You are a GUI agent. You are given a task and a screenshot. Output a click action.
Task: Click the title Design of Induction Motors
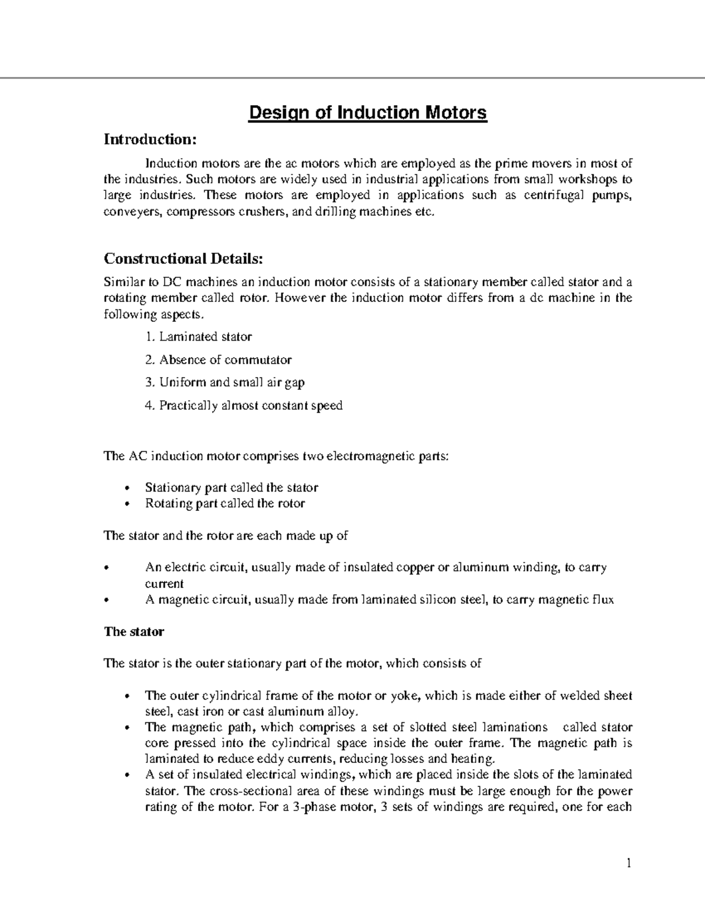(x=368, y=112)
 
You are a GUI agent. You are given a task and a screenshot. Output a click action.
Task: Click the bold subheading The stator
(x=133, y=632)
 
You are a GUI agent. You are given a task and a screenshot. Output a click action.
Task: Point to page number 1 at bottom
(x=628, y=863)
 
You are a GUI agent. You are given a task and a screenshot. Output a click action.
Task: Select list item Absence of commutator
(x=225, y=360)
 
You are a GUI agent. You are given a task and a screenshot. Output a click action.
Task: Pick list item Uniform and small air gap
(x=231, y=383)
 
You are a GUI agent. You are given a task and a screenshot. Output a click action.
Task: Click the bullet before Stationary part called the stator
(x=129, y=489)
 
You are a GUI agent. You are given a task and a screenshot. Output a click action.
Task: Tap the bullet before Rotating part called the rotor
(x=129, y=504)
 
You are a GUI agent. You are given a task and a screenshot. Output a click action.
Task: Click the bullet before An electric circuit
(x=106, y=568)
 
